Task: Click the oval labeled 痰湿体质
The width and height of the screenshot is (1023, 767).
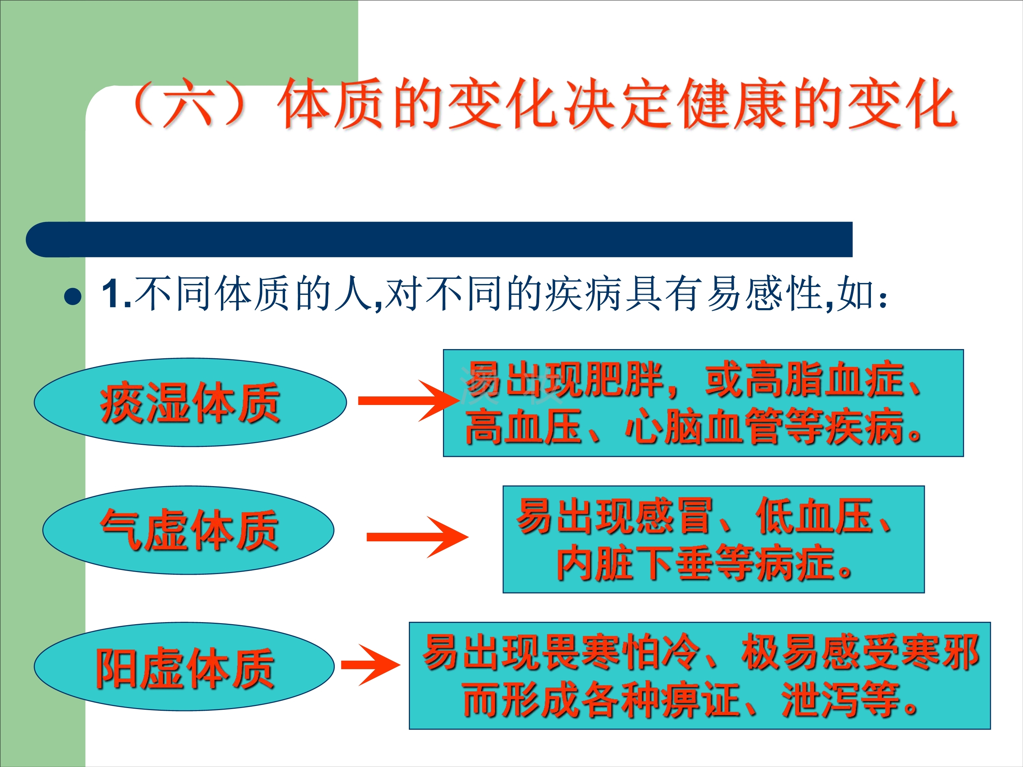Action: click(x=190, y=402)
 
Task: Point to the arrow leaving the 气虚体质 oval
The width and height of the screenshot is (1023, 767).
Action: click(x=417, y=537)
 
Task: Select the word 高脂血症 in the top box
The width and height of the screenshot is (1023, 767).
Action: click(x=804, y=380)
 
